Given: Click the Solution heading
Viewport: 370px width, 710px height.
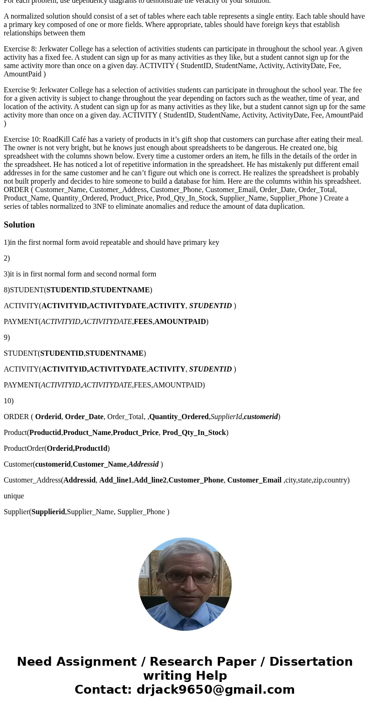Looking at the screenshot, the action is [19, 225].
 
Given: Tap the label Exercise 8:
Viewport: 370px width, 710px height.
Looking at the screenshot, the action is [20, 49].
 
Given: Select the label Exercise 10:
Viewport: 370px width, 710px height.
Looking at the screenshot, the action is [22, 139].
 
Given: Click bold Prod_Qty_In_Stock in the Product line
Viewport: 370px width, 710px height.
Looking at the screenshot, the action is [194, 433].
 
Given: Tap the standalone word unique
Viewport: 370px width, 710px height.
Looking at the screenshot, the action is [14, 496].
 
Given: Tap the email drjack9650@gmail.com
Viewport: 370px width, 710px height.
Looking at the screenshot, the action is [215, 689].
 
